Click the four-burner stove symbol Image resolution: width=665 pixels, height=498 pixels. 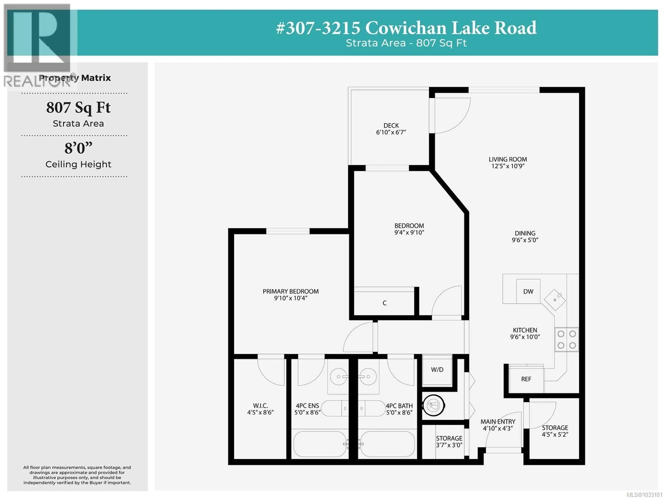[566, 339]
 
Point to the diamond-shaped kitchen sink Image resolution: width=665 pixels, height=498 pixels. [555, 300]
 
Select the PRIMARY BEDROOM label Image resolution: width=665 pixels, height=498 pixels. [290, 291]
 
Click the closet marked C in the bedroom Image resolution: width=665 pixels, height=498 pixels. [384, 303]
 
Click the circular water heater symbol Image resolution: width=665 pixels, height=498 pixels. [433, 405]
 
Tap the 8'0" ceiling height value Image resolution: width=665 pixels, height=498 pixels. [78, 148]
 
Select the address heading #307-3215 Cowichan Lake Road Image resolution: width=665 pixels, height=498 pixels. [406, 28]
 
